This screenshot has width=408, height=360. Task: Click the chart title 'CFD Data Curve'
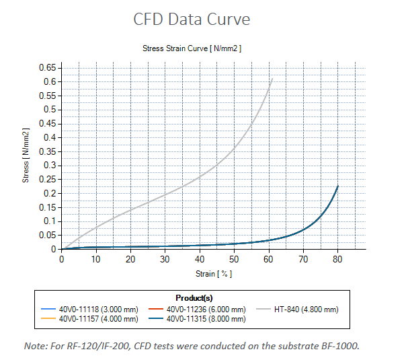192,19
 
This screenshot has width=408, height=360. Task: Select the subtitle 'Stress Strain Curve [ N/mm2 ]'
192,48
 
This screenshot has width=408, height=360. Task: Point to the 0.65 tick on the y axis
47,68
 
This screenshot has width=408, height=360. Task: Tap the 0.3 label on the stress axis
50,166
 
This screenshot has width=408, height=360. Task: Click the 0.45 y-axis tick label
47,123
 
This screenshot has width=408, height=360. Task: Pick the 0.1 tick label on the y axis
50,221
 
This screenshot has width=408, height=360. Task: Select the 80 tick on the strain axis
337,260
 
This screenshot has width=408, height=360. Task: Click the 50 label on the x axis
234,260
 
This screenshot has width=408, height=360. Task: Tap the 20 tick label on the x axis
130,260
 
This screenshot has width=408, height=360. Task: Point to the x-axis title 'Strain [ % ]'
214,274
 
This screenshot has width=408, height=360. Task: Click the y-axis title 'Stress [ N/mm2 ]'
26,155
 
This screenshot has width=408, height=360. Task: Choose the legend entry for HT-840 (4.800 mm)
297,310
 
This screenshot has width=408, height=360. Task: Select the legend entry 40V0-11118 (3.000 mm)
89,310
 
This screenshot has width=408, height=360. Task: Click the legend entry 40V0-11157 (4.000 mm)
89,319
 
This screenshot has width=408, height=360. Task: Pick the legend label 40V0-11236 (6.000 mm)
206,310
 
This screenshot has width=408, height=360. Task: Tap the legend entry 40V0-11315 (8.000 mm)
197,319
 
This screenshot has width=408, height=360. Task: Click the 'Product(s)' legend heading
194,298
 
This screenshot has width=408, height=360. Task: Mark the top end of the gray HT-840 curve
272,79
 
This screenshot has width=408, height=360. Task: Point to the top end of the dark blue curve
337,186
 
